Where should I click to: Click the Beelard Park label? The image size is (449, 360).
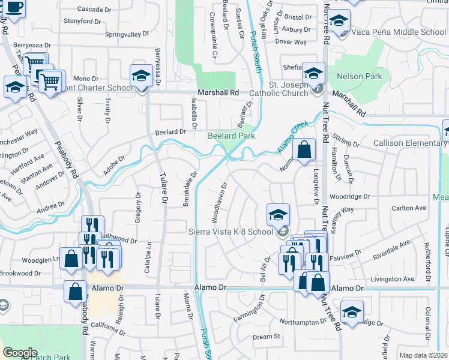tap(232, 136)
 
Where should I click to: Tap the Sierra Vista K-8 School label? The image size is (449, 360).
tap(231, 232)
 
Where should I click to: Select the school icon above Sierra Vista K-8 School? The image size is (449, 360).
tap(278, 214)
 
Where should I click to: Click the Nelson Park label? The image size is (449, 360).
tap(359, 77)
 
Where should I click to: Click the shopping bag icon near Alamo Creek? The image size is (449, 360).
tap(304, 150)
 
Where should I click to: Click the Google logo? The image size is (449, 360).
tap(20, 353)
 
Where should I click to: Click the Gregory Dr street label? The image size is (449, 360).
tap(137, 207)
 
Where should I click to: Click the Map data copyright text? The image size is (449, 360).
tap(424, 355)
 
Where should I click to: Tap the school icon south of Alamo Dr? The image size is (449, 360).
tap(351, 311)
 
